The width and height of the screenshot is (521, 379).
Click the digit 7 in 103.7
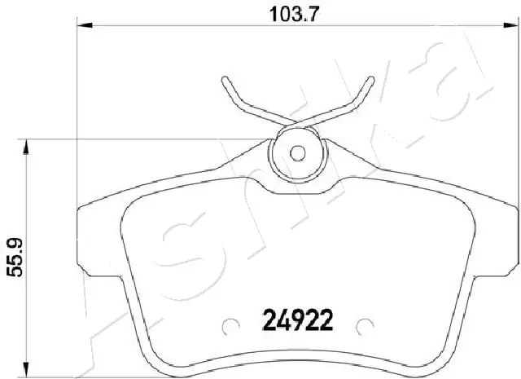pyautogui.click(x=292, y=14)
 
